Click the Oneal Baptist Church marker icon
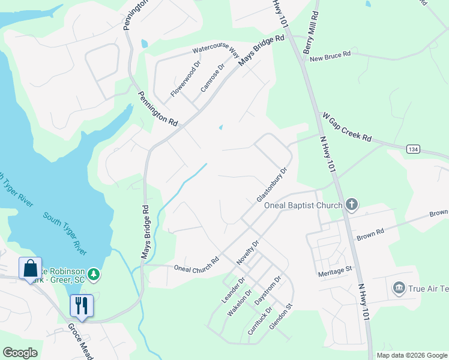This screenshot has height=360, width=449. tap(352, 206)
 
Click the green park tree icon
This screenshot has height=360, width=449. tap(93, 274)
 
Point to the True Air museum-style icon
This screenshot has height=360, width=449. tap(398, 289)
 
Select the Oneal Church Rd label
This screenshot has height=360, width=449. tap(196, 266)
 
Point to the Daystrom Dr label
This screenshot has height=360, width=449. tap(267, 290)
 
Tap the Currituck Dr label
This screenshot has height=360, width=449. tap(259, 322)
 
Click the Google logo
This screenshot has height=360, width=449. tap(20, 353)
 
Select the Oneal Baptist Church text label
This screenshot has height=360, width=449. tap(303, 206)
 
